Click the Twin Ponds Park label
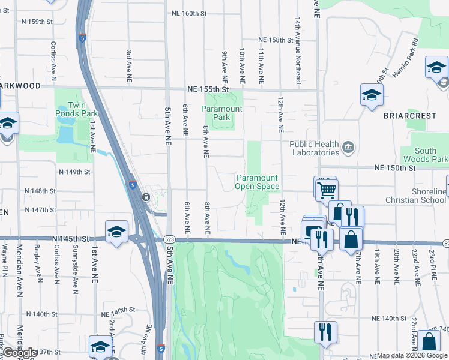click(x=77, y=108)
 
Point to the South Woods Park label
click(x=431, y=155)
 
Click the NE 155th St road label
click(x=208, y=89)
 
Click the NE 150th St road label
click(x=394, y=169)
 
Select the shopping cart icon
click(x=326, y=190)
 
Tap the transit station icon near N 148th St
click(x=146, y=197)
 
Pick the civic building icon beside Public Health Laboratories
click(x=348, y=148)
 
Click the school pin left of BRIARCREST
click(x=372, y=95)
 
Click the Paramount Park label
click(x=215, y=113)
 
